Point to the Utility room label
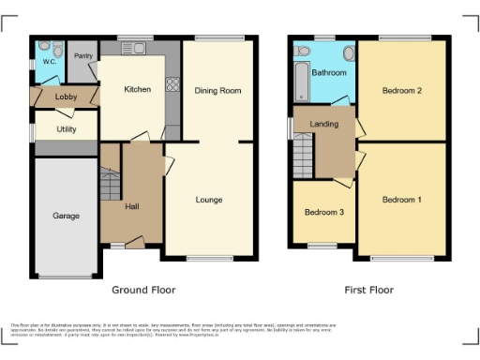66,128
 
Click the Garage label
66,216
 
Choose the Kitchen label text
138,90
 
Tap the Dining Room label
217,91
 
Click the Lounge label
208,200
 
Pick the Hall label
132,206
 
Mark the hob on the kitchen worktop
172,85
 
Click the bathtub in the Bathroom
299,82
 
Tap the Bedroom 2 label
400,91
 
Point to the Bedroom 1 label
401,200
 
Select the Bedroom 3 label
324,213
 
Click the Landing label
324,123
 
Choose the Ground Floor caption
143,290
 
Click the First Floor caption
368,290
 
